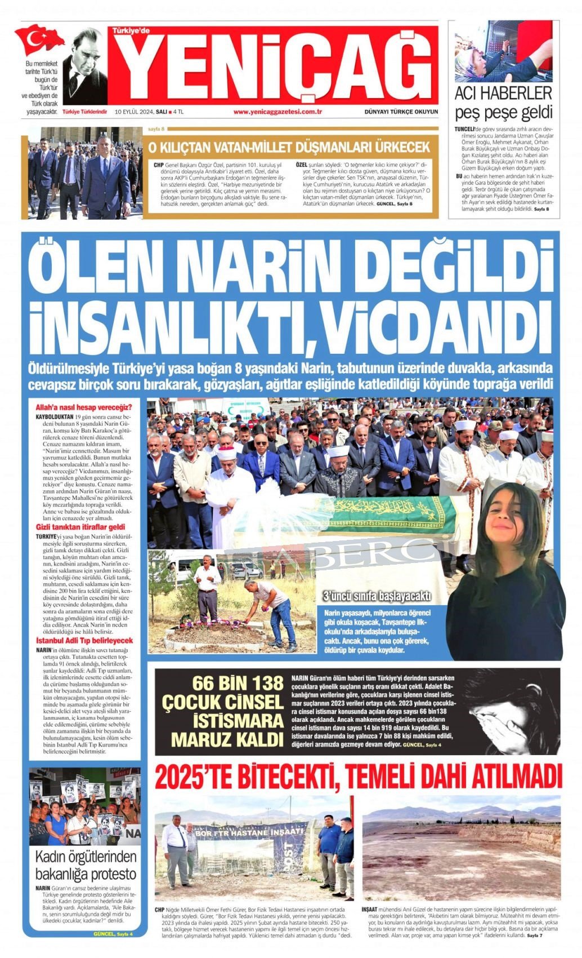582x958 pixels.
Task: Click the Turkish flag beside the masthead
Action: (39, 39)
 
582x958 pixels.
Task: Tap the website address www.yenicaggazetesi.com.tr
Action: (277, 112)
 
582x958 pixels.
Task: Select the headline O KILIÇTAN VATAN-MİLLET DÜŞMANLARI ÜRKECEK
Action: (289, 148)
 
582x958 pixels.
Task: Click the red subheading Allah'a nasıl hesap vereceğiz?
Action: (84, 407)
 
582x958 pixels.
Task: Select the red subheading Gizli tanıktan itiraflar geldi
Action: (80, 526)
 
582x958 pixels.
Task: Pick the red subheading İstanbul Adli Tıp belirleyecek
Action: (84, 641)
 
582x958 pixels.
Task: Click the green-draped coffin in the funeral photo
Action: (388, 513)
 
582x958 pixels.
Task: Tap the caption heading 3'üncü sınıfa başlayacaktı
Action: (377, 596)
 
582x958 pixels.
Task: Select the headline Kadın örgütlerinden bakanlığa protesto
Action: (86, 865)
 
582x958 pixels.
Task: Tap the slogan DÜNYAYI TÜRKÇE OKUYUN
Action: (401, 112)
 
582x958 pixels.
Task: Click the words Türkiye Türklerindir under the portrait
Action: (85, 112)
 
